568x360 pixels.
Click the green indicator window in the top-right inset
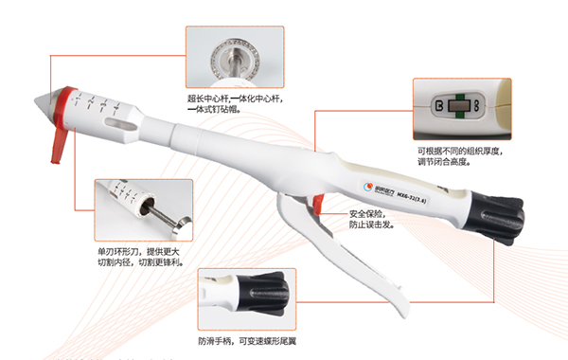coord(458,105)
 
